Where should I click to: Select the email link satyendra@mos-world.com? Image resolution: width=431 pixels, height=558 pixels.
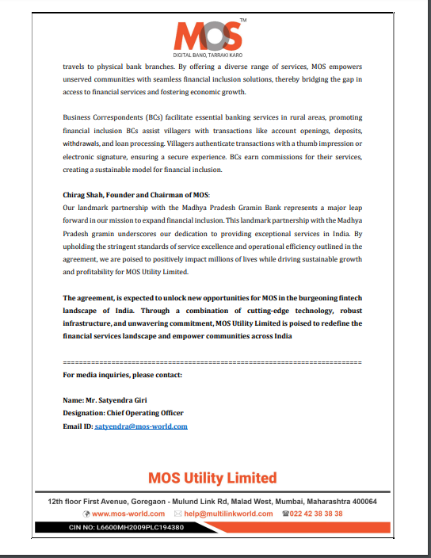(141, 426)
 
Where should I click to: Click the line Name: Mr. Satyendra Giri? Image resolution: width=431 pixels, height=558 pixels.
(105, 400)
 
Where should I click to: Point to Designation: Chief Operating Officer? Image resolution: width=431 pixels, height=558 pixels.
(123, 413)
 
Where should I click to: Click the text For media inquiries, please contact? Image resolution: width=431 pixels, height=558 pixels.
(122, 374)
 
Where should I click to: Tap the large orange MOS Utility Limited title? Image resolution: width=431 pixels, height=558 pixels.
(212, 478)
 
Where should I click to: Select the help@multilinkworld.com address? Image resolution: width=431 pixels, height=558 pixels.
(228, 514)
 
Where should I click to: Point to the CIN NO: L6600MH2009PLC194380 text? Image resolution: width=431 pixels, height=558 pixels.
(127, 527)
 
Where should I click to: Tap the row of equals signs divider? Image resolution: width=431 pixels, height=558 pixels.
(212, 361)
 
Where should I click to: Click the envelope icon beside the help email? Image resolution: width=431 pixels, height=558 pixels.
(178, 514)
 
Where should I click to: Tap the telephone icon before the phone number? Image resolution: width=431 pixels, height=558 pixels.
(284, 514)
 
